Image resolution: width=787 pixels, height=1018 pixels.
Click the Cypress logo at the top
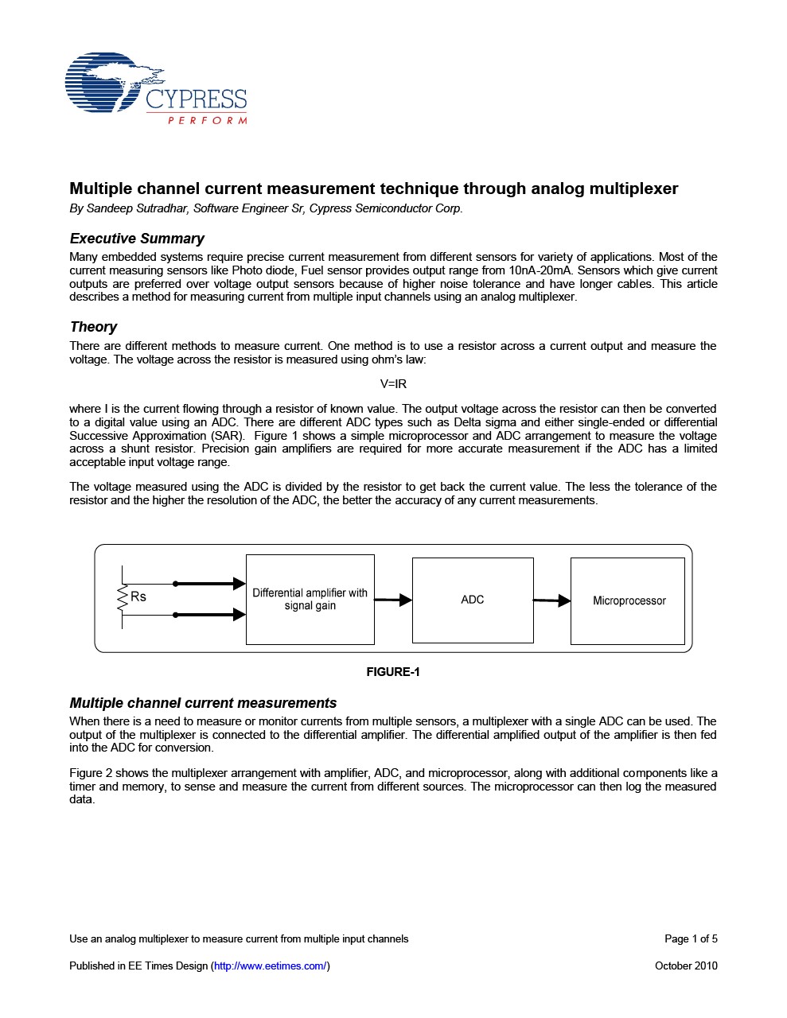[156, 88]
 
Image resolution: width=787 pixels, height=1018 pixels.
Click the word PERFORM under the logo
[208, 121]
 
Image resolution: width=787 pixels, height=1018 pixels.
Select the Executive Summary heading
[137, 239]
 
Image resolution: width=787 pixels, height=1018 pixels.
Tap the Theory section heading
[93, 327]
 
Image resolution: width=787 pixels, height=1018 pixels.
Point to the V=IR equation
[393, 384]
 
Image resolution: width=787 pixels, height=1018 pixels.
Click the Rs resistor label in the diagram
[138, 596]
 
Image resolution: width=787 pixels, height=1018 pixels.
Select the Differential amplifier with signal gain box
[310, 600]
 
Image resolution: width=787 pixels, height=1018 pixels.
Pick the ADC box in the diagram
[473, 600]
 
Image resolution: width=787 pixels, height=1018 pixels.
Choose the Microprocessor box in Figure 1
[628, 600]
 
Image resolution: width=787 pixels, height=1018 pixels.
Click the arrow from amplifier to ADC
[393, 600]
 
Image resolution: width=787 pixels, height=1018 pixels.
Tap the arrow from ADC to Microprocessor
[551, 600]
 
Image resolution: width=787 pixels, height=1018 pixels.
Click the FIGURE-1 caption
[393, 672]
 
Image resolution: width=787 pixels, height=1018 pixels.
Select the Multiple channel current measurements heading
[203, 703]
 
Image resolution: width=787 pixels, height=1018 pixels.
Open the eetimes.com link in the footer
[271, 966]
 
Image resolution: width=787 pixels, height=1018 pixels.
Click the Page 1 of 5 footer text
[691, 938]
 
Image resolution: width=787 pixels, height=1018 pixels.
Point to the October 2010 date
[686, 966]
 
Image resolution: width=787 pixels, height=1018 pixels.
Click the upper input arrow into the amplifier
[210, 584]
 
